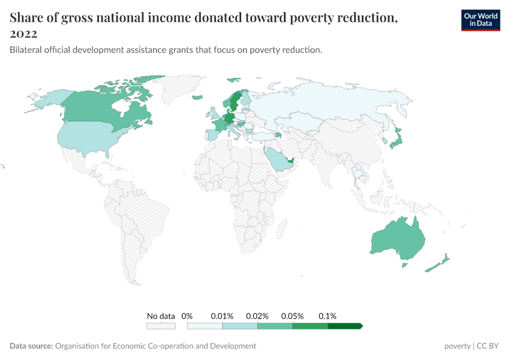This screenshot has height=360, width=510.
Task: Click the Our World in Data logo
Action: click(x=480, y=20)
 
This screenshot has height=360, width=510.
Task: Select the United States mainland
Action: click(x=90, y=137)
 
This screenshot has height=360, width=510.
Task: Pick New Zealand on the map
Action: click(x=437, y=264)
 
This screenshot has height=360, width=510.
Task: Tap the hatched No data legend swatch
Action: click(x=161, y=326)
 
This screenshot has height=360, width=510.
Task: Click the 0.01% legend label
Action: click(x=222, y=316)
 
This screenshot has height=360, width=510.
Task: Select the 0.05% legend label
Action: click(x=293, y=316)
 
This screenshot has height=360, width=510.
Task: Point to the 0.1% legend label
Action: click(x=328, y=316)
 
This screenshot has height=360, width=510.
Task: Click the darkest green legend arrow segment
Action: click(x=345, y=326)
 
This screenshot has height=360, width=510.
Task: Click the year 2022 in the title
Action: click(x=23, y=34)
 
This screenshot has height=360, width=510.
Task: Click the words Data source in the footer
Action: click(x=31, y=346)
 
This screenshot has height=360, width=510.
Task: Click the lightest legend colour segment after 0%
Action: click(x=205, y=326)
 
